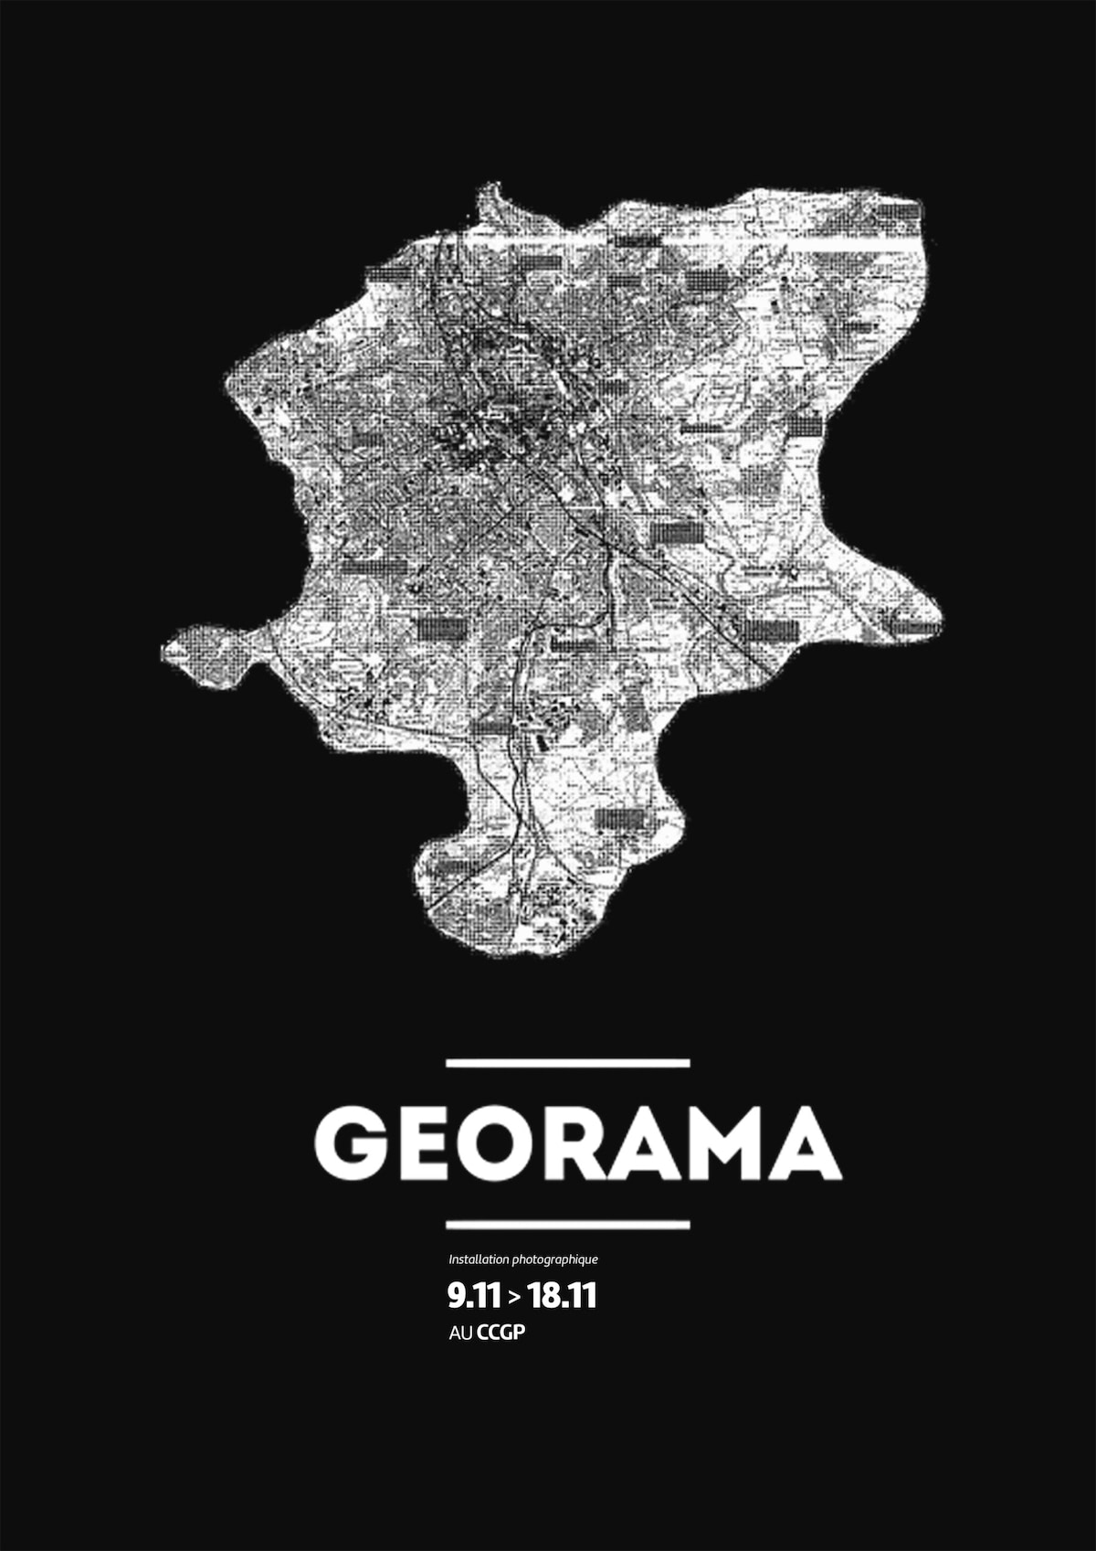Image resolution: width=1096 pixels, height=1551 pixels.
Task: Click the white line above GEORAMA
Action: click(x=567, y=1063)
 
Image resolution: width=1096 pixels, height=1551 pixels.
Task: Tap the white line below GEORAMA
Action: click(x=567, y=1224)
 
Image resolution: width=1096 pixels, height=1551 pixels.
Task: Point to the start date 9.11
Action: click(x=473, y=1295)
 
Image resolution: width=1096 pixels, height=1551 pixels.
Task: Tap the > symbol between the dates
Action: click(x=514, y=1296)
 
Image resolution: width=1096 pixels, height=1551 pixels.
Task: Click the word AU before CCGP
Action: click(x=460, y=1333)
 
